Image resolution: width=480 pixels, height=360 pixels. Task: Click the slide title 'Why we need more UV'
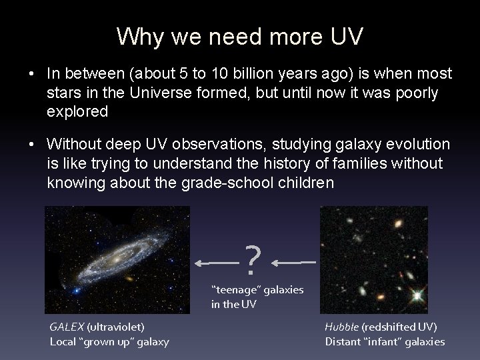coord(240,37)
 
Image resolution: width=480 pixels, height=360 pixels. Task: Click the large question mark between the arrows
coord(251,261)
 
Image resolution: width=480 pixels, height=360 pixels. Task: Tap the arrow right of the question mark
coord(293,263)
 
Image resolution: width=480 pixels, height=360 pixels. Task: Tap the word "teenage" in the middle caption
coord(237,290)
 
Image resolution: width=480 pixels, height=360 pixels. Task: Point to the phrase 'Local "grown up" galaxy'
coord(109,341)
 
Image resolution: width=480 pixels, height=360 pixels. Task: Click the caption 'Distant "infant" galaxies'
coord(385,341)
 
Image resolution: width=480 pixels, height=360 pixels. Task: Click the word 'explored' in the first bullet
coord(77,111)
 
